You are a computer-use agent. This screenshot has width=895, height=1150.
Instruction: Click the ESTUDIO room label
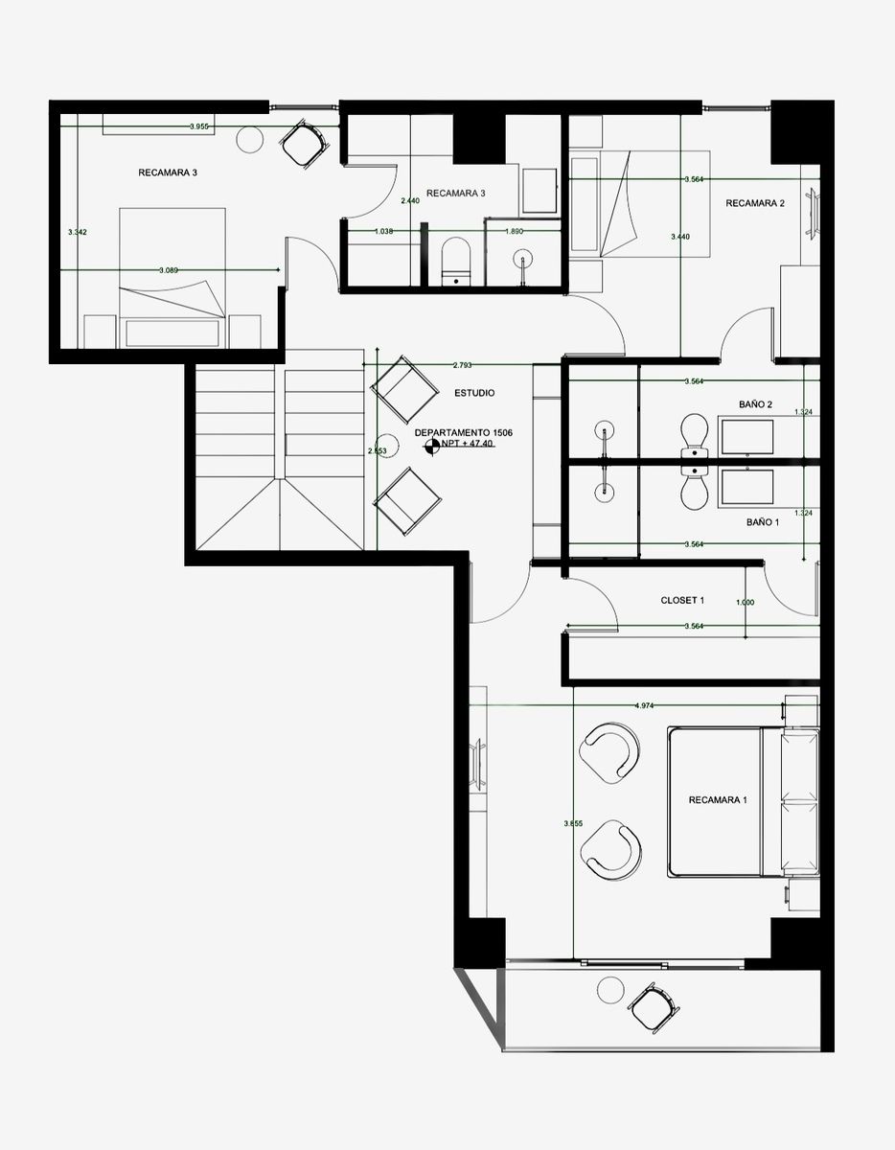(x=474, y=393)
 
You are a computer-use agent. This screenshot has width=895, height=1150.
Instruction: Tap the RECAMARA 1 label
(x=717, y=799)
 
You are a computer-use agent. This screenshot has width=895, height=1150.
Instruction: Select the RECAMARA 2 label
(x=755, y=203)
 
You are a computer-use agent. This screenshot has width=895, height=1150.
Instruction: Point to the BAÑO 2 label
(x=755, y=404)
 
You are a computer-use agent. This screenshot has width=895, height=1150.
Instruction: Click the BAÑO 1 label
(x=763, y=523)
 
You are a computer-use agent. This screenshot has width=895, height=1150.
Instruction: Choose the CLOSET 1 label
(x=682, y=601)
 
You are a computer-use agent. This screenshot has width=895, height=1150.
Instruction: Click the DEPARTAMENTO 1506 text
(x=464, y=433)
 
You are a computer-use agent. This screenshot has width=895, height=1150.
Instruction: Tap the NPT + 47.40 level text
(x=467, y=445)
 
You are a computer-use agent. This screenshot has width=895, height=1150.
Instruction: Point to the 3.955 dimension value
(x=199, y=126)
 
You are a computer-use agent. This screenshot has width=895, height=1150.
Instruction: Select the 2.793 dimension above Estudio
(x=462, y=365)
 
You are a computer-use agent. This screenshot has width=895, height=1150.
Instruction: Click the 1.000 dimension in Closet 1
(x=744, y=602)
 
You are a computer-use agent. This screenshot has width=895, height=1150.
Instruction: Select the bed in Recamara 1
(x=715, y=801)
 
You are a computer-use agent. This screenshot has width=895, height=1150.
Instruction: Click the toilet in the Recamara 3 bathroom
(x=455, y=262)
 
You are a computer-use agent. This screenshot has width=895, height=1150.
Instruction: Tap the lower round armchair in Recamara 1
(x=612, y=847)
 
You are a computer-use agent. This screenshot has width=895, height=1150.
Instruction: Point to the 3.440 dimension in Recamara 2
(x=679, y=236)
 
